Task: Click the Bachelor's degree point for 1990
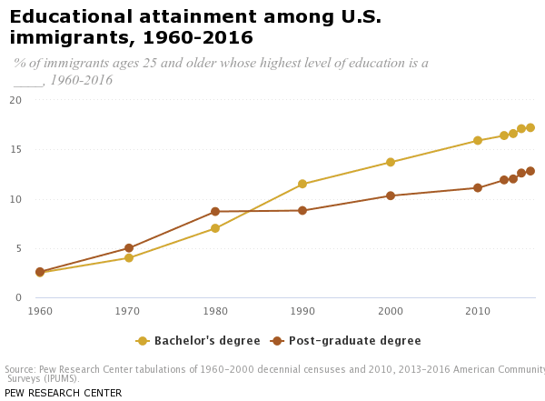point(302,185)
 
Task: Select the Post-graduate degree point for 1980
point(215,212)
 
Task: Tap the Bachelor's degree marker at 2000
point(391,163)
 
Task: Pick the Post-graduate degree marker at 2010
point(478,188)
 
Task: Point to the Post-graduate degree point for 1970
point(129,248)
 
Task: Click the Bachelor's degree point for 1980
point(215,228)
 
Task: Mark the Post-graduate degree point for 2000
point(391,195)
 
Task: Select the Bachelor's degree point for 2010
point(478,141)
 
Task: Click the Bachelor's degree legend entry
point(199,341)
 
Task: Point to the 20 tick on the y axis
point(15,100)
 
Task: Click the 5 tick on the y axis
point(17,248)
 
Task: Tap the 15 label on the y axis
point(15,150)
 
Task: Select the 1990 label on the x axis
point(302,312)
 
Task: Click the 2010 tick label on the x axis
point(478,312)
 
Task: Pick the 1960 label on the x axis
point(40,312)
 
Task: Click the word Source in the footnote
point(19,369)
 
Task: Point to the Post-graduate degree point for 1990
point(302,211)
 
